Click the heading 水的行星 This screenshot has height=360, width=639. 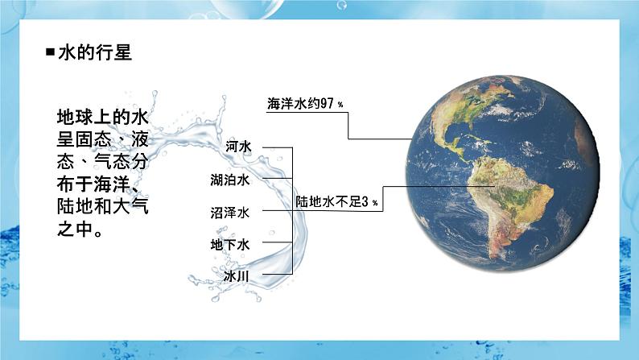pyautogui.click(x=95, y=54)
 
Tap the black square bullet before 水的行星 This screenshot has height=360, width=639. pyautogui.click(x=51, y=54)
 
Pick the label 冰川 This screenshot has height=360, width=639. pyautogui.click(x=239, y=275)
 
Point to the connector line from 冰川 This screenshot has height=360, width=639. pyautogui.click(x=277, y=274)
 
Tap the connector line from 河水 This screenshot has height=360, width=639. pyautogui.click(x=277, y=147)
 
